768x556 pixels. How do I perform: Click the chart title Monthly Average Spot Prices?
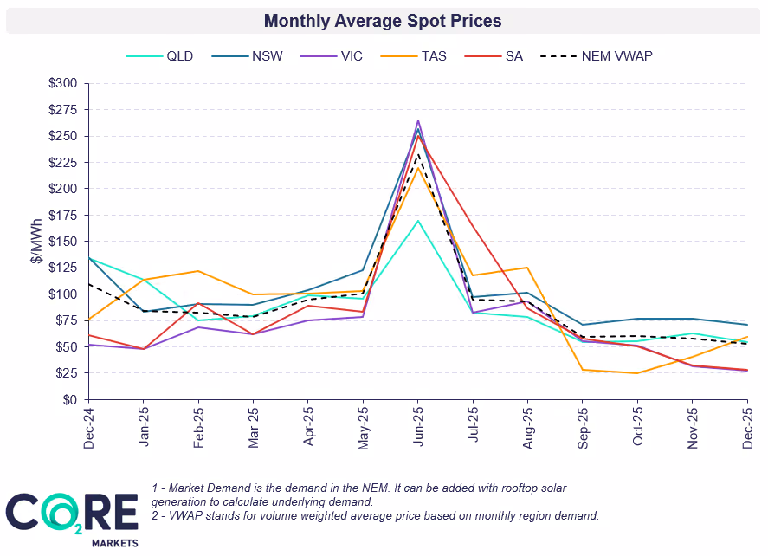[383, 20]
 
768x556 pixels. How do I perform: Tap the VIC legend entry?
[352, 56]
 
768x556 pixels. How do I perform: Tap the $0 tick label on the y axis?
[69, 400]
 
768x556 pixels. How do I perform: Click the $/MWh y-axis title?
[35, 242]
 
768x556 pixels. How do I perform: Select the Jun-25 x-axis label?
[419, 427]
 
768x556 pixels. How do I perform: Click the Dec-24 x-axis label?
[89, 427]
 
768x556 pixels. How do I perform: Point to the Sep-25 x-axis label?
[584, 427]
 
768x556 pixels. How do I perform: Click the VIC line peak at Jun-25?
[418, 121]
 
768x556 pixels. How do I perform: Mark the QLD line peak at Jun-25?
[418, 221]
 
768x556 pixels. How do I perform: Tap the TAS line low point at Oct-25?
[638, 373]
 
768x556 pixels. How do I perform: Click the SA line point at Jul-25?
[474, 228]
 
